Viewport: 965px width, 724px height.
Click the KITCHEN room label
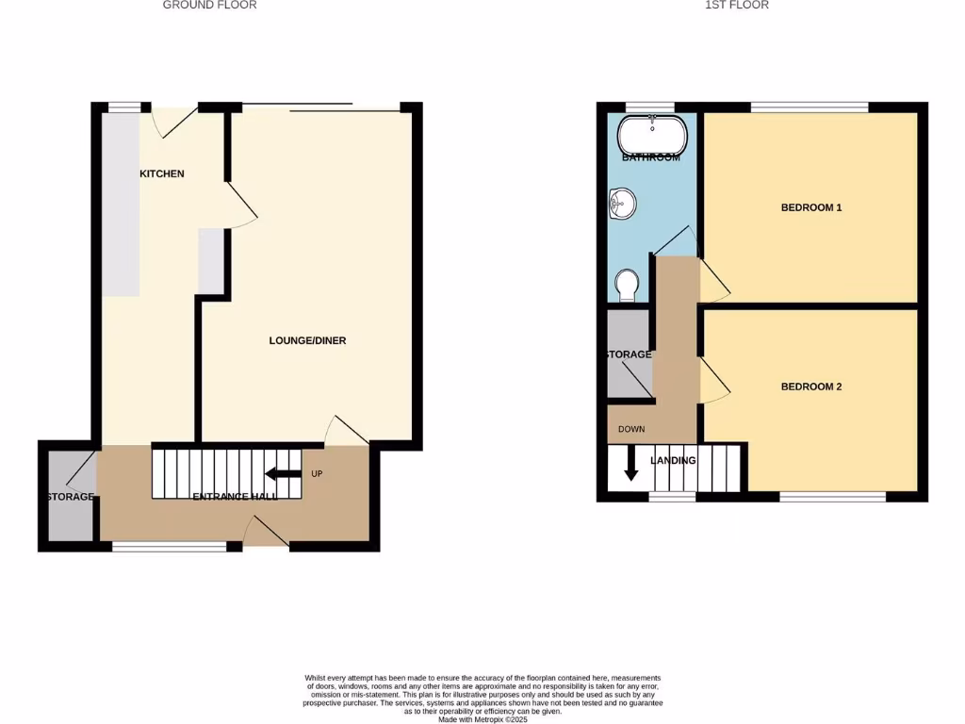click(162, 173)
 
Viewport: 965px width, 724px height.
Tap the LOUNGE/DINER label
click(307, 340)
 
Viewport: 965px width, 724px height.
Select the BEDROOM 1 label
click(811, 207)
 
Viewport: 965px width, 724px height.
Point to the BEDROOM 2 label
click(811, 387)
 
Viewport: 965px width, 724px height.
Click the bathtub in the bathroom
click(652, 134)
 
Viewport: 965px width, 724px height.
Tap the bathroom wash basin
click(623, 203)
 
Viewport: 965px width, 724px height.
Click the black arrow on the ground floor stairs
click(283, 474)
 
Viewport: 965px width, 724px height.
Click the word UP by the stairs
click(317, 473)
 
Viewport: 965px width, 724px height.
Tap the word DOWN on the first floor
click(631, 429)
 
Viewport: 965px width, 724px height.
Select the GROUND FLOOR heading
click(209, 5)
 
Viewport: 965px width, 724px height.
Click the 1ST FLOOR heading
click(737, 5)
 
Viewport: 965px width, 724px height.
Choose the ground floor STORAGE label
click(69, 497)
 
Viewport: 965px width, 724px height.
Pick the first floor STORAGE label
click(628, 354)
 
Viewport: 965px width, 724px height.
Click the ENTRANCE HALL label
click(236, 497)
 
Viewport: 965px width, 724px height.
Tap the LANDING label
click(674, 460)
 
